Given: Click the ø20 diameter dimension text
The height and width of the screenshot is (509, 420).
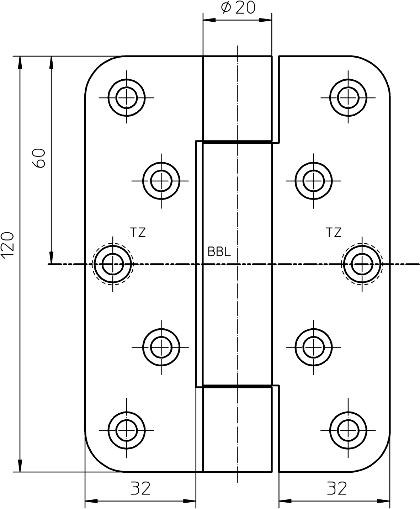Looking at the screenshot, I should [238, 7].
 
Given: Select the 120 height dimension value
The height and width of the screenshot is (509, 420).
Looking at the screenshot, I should [8, 245].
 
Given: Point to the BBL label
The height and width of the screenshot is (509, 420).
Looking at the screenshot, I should [219, 252].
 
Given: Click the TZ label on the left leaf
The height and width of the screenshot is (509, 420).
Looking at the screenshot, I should [137, 233].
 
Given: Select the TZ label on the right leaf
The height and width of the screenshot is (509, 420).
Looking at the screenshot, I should [334, 233].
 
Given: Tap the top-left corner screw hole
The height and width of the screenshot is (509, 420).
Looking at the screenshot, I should [126, 97].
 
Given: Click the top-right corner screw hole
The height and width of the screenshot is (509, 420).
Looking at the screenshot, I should [348, 97].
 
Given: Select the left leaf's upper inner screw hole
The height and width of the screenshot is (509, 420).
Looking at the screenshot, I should [161, 181].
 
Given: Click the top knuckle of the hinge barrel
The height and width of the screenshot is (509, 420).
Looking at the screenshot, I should [237, 99].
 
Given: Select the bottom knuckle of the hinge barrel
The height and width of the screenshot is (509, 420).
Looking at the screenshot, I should [237, 429].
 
